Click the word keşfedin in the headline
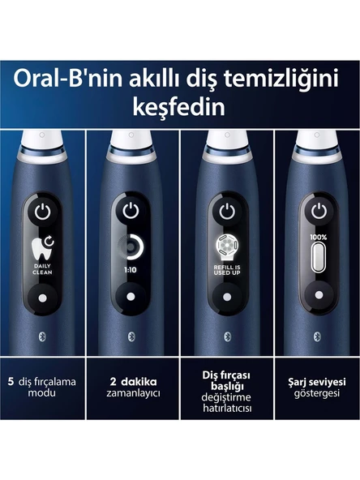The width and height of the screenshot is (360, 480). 178,108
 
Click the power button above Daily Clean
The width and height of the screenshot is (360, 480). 42,212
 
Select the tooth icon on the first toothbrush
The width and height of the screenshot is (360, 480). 42,248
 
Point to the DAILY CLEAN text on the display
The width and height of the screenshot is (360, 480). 42,269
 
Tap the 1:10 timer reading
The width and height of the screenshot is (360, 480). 131,270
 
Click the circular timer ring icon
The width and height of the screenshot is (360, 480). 131,246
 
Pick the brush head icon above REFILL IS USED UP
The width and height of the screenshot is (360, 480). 227,248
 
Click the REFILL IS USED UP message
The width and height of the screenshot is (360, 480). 227,270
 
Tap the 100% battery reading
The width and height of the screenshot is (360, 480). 319,238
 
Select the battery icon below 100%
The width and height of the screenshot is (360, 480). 319,257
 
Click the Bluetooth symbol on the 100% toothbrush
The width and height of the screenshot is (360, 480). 318,336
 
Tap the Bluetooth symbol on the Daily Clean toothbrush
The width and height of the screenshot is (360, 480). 42,336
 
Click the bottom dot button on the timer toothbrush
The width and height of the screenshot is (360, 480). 131,297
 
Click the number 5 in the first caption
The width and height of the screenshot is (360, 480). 11,381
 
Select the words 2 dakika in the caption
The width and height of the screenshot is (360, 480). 134,381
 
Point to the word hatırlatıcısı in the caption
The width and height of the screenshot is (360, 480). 227,408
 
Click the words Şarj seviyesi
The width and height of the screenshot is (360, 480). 317,382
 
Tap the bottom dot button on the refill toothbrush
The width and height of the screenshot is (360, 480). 227,297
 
